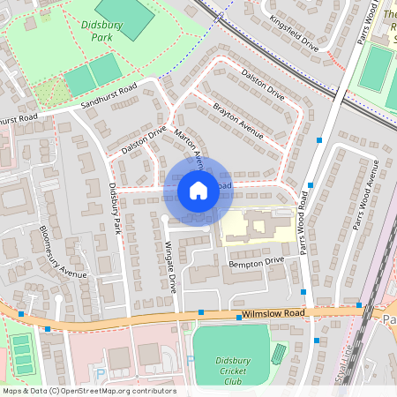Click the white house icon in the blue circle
[198, 191]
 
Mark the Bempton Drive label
[256, 261]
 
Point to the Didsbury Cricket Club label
[233, 371]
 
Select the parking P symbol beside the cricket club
[190, 360]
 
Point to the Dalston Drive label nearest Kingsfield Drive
[263, 85]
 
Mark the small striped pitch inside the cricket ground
[279, 355]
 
